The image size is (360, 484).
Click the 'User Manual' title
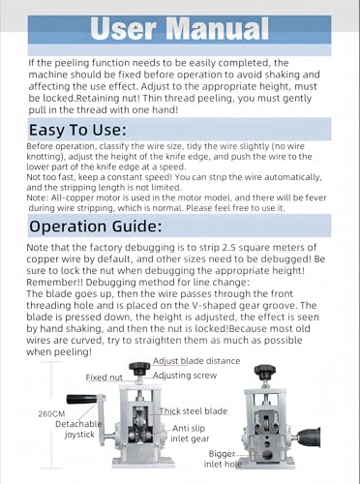click(179, 28)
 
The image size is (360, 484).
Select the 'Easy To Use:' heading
click(77, 130)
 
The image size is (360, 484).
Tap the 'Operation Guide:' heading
click(96, 226)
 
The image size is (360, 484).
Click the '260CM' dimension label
click(51, 413)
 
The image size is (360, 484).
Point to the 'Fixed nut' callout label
click(105, 378)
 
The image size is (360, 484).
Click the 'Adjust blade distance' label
click(196, 361)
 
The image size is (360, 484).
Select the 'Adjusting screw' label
click(185, 376)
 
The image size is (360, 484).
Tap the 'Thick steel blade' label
click(194, 411)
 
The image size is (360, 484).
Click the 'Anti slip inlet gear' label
click(190, 434)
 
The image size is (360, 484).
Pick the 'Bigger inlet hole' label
click(223, 459)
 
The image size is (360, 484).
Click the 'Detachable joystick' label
click(78, 429)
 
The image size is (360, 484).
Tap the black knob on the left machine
click(139, 368)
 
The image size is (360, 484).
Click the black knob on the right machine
click(265, 371)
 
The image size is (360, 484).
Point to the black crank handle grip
click(82, 400)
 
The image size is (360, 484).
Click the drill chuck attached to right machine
click(308, 437)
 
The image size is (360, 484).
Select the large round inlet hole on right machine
click(267, 455)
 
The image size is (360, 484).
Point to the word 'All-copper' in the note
click(66, 197)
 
